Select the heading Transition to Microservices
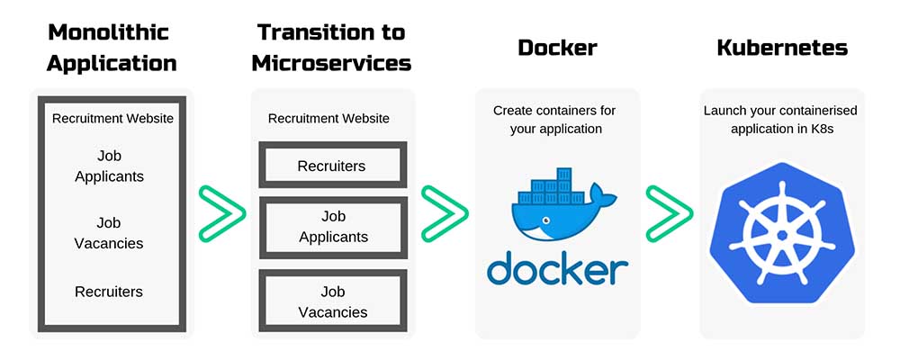pos(331,48)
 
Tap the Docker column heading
pos(557,48)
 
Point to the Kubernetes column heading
pos(781,48)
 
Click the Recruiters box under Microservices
pos(332,166)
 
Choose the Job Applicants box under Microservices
pos(332,227)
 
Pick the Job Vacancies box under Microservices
pos(332,301)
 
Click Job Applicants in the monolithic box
pos(109,166)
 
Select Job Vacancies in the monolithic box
pos(109,233)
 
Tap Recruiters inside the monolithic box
pos(109,292)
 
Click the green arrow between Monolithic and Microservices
pos(220,214)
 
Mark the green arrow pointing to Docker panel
pos(444,214)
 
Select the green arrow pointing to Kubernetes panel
pos(669,214)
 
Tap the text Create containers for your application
pos(554,119)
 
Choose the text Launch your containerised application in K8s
pos(780,119)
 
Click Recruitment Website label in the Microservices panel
pos(329,119)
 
